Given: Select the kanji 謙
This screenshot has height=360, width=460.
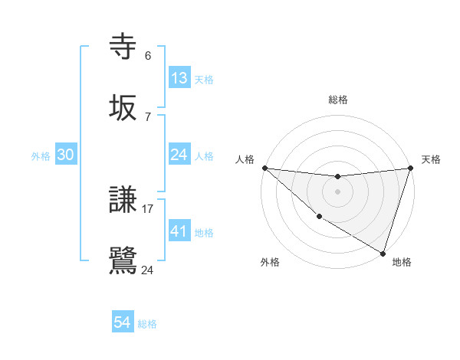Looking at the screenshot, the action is tap(123, 201).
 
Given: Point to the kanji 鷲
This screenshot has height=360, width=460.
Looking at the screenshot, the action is tap(123, 260).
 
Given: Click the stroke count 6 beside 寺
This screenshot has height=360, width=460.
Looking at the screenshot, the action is tap(148, 56).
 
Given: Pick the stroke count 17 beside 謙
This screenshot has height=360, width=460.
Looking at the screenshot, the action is tap(148, 208).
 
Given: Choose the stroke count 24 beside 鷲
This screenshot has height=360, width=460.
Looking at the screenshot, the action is tap(148, 270).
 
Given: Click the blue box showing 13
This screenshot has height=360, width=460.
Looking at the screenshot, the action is tap(179, 78).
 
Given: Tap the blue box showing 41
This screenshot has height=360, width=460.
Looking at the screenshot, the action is tap(179, 231).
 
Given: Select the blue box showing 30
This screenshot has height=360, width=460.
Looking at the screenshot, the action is tap(66, 155).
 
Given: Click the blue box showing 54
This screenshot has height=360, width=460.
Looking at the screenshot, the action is tap(123, 322).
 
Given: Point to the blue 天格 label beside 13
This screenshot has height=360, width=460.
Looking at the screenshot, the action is tap(204, 80).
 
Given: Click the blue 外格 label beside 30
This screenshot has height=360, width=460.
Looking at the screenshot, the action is tap(41, 156).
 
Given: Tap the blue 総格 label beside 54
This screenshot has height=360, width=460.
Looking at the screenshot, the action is tap(147, 324).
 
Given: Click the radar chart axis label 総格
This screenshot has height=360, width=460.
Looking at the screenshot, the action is tap(337, 100).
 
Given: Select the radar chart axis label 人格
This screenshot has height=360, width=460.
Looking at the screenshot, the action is tap(246, 159).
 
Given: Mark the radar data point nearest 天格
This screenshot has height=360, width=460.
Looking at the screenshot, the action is tap(410, 168).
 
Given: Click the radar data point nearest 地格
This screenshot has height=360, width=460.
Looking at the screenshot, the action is tap(383, 253).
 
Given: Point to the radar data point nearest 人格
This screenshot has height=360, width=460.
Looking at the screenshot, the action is tap(264, 168).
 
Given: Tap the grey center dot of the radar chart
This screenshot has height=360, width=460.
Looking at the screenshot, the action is tap(337, 191).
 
